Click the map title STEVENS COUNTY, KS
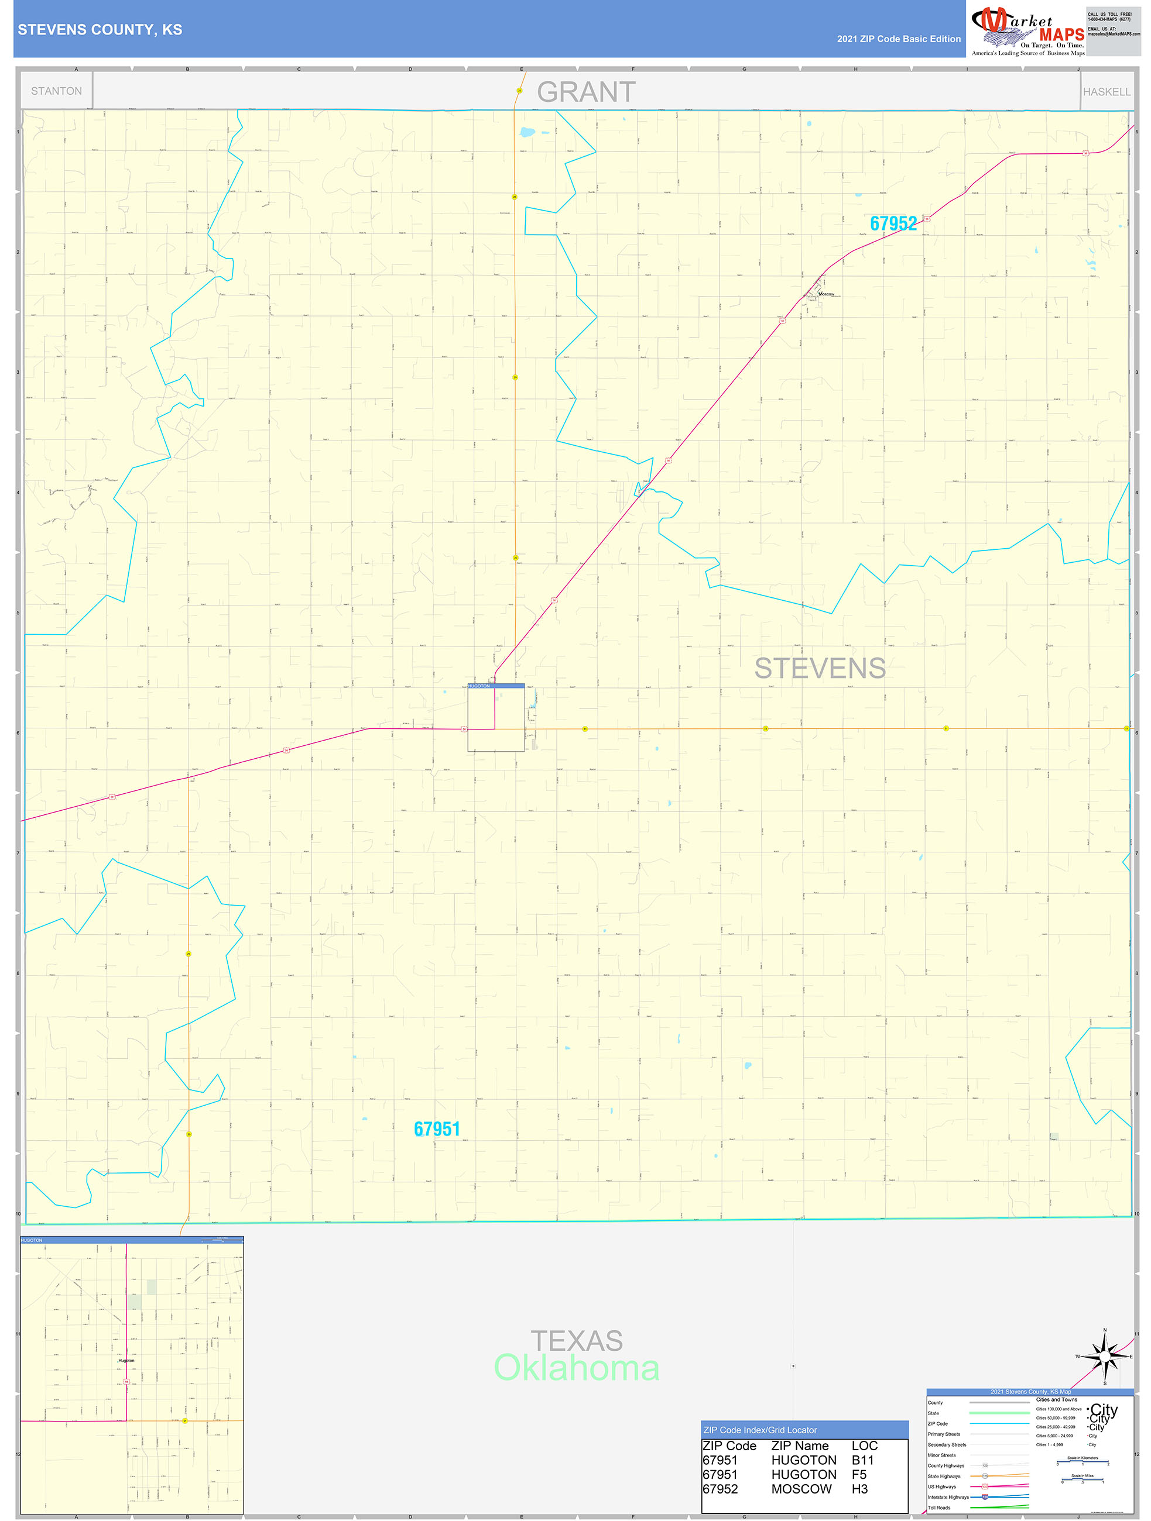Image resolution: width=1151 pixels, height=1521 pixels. point(100,30)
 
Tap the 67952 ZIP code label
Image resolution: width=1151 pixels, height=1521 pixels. point(892,223)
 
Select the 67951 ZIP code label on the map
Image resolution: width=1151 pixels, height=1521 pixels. point(437,1129)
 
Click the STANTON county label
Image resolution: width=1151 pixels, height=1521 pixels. point(56,91)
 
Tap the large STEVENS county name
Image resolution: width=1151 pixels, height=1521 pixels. point(820,668)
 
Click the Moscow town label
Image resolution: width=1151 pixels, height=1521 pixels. point(825,294)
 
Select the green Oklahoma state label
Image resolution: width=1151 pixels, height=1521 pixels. point(577,1368)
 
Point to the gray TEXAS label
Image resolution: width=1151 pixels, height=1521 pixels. point(577,1341)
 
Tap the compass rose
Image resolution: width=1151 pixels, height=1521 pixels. point(1104,1357)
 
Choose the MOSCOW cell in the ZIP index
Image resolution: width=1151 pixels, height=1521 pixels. point(801,1489)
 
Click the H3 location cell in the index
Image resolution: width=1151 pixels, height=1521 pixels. point(859,1489)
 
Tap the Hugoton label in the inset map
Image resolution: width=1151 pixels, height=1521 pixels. point(126,1360)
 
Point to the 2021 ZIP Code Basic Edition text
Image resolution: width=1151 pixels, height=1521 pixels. point(899,39)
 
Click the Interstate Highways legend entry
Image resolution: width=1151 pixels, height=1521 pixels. point(947,1497)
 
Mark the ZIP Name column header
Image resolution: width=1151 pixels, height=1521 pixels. point(800,1446)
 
